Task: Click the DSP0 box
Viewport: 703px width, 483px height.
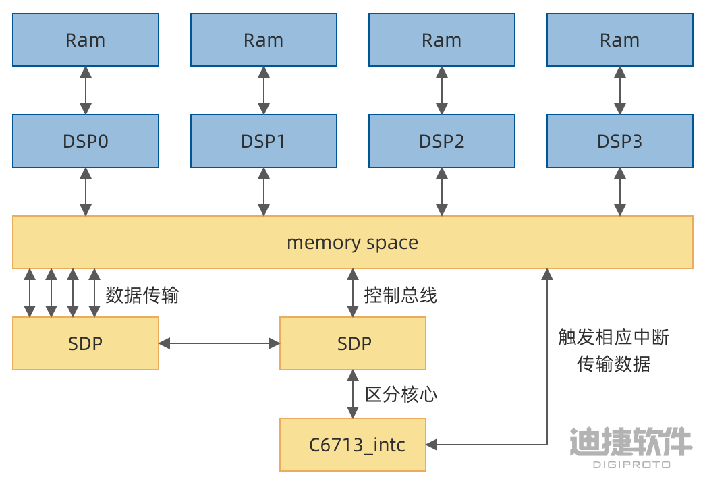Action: pos(86,141)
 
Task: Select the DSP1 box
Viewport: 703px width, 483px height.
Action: pos(264,141)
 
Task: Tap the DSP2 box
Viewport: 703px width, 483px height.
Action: pos(442,141)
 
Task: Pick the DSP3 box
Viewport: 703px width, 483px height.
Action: pos(620,141)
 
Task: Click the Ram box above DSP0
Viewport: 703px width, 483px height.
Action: pos(86,40)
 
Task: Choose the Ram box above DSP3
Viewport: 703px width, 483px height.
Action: pos(620,40)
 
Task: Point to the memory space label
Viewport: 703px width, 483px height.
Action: pos(352,243)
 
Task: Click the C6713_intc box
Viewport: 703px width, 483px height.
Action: pos(353,445)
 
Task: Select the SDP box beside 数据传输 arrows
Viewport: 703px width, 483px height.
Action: pos(86,344)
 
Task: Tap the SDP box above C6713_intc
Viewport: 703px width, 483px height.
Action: pos(353,344)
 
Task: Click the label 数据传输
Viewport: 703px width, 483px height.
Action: pos(142,295)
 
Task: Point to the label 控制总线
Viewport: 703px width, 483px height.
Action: pos(400,295)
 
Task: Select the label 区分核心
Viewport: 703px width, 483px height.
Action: pos(401,394)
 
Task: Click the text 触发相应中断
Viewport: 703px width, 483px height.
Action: pos(613,337)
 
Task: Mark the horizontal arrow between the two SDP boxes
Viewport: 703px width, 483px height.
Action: pos(219,344)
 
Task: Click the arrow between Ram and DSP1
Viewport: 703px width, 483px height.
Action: pos(264,90)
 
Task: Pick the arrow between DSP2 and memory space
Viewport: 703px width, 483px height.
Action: pos(442,192)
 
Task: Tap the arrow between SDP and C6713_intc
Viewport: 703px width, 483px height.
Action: pos(352,394)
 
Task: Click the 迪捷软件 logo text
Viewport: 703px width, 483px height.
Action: pos(630,443)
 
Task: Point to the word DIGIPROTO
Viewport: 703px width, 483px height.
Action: pos(631,464)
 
